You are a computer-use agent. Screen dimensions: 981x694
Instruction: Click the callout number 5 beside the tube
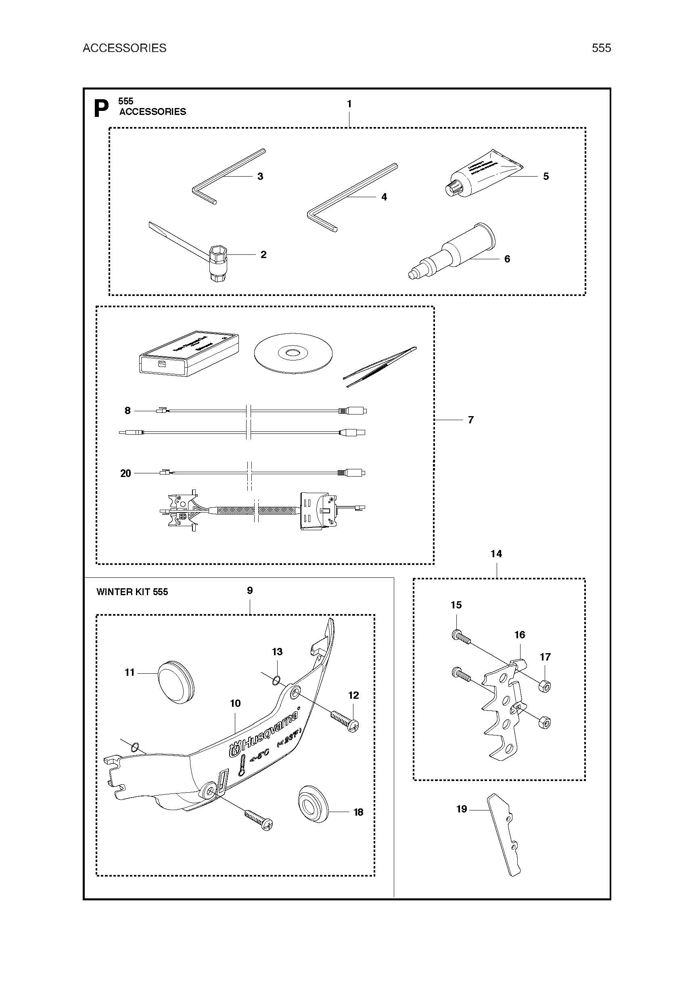[546, 177]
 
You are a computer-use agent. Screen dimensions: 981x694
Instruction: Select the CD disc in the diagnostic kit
[293, 353]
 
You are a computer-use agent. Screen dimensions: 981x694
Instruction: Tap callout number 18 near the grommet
[358, 812]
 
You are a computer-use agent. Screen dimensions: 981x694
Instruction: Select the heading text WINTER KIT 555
[132, 592]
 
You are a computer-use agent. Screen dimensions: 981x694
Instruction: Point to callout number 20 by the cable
[125, 473]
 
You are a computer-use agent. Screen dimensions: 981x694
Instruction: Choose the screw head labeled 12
[353, 725]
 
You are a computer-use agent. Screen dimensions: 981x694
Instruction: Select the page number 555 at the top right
[601, 48]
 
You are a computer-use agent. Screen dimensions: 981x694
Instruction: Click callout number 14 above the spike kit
[496, 554]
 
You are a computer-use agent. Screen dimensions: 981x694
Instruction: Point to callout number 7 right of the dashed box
[470, 420]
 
